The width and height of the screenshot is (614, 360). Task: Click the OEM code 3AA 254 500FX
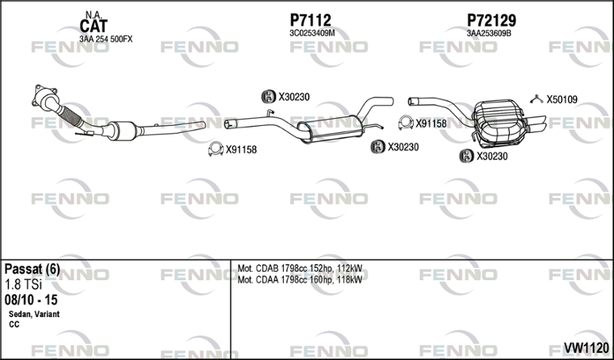coord(106,38)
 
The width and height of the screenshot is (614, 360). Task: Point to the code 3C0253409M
coord(312,33)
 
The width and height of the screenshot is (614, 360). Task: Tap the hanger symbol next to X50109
coord(537,98)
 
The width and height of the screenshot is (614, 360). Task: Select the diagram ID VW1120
coord(587,349)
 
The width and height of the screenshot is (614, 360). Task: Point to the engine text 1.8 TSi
coord(24,283)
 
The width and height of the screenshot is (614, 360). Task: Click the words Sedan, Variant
coord(34,314)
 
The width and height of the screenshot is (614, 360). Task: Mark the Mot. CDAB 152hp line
coord(300,269)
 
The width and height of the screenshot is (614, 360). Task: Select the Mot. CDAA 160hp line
coord(300,279)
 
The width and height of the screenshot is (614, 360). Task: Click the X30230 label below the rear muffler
coord(492,156)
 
